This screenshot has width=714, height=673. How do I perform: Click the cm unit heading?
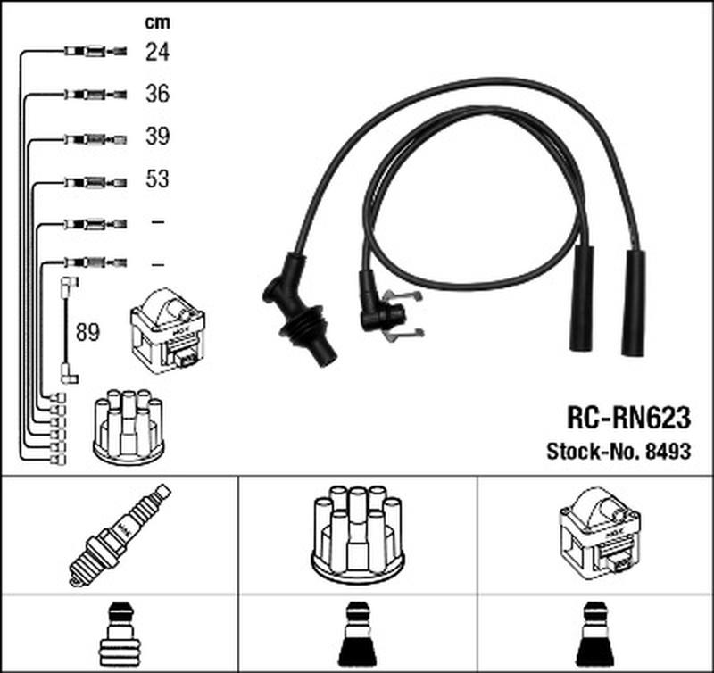click(157, 22)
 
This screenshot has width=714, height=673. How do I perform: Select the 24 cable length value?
click(157, 53)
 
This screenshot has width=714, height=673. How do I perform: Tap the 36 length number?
click(157, 95)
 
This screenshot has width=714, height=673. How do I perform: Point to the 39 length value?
click(157, 137)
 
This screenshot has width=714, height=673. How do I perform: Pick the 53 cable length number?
click(157, 179)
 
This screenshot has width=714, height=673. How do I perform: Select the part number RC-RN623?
click(628, 417)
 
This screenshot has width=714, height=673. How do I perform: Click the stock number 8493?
click(668, 451)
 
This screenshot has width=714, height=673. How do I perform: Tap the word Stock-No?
click(592, 451)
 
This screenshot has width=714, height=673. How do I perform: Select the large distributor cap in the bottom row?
click(357, 534)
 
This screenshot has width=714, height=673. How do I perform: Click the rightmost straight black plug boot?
click(636, 303)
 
